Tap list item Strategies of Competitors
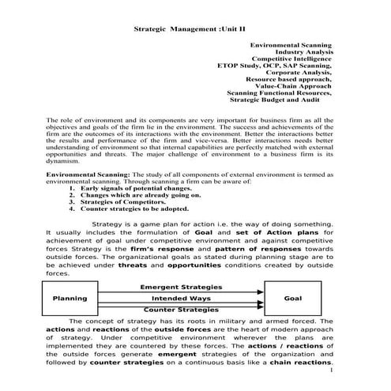pos(126,203)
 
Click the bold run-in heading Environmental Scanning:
pos(85,175)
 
